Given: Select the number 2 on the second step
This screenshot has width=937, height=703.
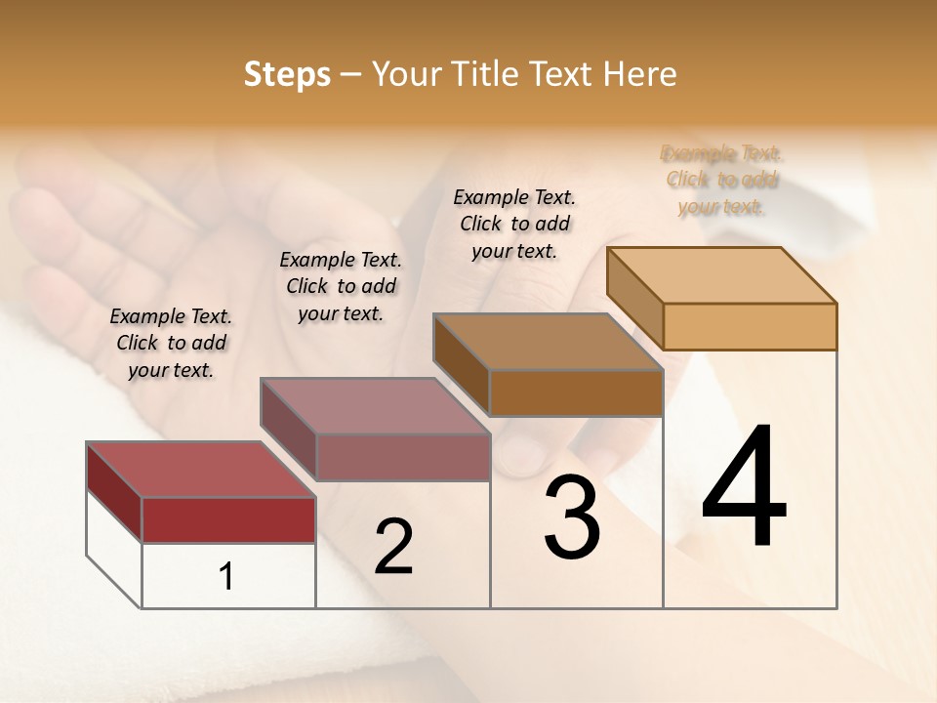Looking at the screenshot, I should click(393, 547).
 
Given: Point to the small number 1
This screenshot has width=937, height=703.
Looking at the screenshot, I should click(226, 577).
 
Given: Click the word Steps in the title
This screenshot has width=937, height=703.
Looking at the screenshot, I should click(287, 74).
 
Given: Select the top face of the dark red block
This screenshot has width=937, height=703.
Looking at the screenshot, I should click(200, 470).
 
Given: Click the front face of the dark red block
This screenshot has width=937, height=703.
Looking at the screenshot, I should click(228, 519).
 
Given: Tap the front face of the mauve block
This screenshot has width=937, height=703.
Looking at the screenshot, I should click(402, 457).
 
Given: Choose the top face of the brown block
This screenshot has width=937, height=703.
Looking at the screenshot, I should click(548, 342).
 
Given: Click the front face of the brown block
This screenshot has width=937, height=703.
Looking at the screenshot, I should click(576, 393).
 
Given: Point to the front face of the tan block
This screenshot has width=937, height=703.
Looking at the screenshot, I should click(750, 326).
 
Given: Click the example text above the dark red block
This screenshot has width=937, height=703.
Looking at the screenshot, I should click(171, 343).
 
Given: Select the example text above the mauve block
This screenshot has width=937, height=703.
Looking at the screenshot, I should click(341, 286).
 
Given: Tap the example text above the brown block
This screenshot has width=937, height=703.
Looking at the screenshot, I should click(514, 224).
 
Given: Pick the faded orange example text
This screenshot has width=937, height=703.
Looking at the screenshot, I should click(721, 180).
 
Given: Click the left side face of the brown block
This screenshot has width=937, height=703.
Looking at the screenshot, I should click(461, 363).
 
